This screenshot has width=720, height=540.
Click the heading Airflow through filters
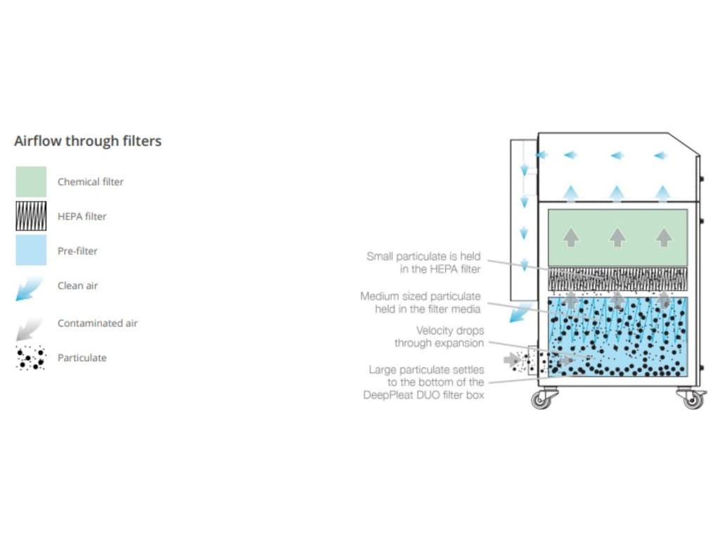tap(88, 141)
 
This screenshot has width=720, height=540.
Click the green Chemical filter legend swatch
tap(31, 181)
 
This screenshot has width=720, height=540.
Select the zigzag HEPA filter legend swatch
tap(31, 216)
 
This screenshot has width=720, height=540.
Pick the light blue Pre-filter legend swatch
tap(31, 250)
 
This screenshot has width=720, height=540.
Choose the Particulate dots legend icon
tap(31, 358)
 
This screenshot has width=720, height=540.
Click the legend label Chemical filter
tap(90, 181)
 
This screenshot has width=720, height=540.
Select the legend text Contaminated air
tap(97, 323)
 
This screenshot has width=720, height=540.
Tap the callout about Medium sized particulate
tap(420, 302)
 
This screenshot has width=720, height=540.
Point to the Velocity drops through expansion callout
tap(439, 337)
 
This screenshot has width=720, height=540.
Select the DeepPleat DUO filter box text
tap(423, 395)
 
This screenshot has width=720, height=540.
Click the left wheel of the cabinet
tap(540, 400)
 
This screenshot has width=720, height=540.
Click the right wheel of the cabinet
tap(693, 400)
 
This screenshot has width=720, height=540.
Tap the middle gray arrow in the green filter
tap(617, 238)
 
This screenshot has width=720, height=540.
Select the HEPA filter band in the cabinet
tap(617, 279)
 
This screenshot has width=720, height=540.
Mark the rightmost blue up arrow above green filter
tap(662, 192)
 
